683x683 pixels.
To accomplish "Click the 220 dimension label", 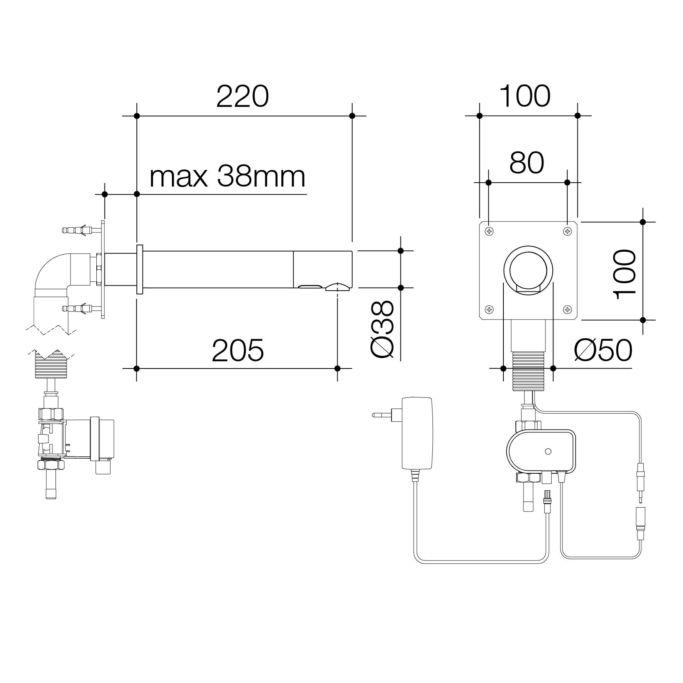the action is pos(242,96).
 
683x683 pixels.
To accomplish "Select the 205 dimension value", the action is pos(238,350).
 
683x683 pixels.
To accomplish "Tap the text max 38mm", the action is pos(227,177).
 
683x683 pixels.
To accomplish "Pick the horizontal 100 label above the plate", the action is pos(525,96).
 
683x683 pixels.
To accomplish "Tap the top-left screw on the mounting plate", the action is pos(489,231).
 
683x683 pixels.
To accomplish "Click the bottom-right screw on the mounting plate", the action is pos(567,309).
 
